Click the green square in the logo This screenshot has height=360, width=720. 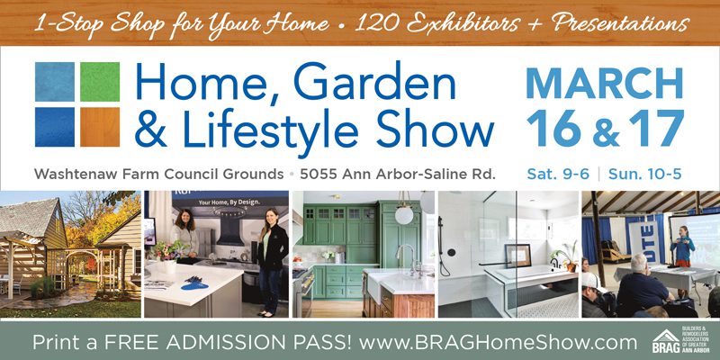coord(100,82)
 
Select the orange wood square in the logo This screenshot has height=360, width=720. coord(100,127)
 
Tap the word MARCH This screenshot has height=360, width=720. coord(605,83)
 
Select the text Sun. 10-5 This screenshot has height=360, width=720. coord(644,174)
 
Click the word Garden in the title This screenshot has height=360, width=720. coord(374,83)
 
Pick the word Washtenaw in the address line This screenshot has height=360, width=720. coord(76,175)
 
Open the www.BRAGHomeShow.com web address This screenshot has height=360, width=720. coord(498,343)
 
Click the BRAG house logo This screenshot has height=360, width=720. coord(665,341)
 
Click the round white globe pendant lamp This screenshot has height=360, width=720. coord(404,215)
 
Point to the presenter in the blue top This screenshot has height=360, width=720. coord(682,248)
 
